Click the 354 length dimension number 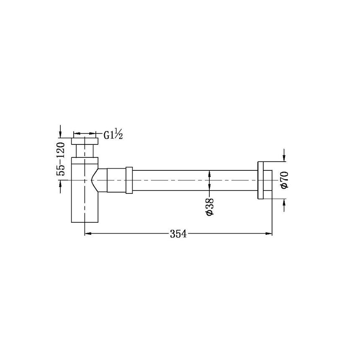click(x=178, y=234)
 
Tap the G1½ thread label click(x=113, y=135)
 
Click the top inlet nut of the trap click(x=86, y=140)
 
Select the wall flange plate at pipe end click(x=260, y=180)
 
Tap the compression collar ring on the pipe click(x=129, y=180)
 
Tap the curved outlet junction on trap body click(x=96, y=180)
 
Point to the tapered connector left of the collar click(x=114, y=180)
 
